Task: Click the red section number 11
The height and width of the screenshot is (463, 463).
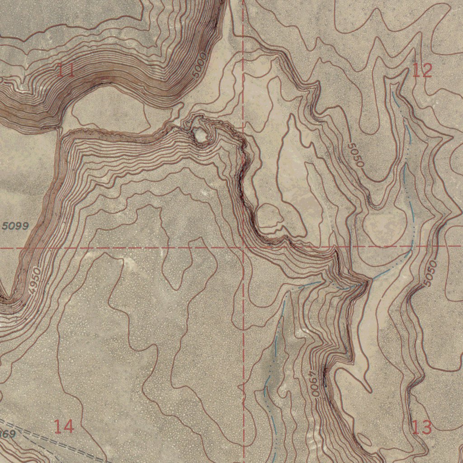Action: point(66,70)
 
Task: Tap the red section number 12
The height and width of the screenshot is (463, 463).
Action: point(422,70)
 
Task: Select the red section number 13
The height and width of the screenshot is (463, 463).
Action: point(421,427)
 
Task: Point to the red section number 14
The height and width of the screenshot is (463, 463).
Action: point(63,426)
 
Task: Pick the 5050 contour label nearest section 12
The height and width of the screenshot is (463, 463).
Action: point(356,155)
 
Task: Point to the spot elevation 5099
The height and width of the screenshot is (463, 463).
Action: point(15,226)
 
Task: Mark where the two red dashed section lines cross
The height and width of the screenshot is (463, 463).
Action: point(243,248)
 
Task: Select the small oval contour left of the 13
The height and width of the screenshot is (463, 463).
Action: point(364,438)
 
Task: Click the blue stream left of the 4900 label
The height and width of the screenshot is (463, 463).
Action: point(274,362)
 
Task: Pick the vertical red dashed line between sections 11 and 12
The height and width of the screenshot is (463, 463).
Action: point(243,90)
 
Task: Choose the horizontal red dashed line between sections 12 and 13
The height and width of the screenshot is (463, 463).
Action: point(384,247)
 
